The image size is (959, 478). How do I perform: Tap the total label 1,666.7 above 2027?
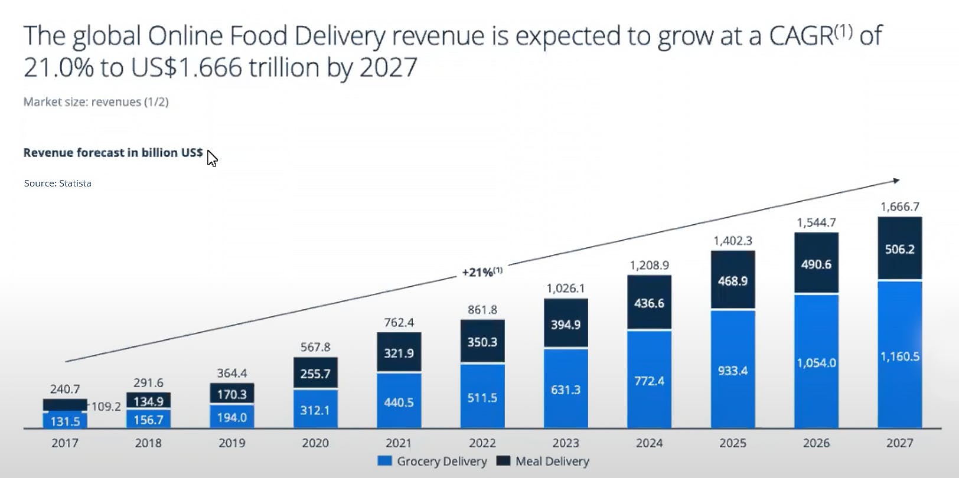(899, 207)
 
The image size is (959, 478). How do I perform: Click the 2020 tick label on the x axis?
(315, 443)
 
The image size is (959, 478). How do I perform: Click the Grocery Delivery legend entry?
(433, 461)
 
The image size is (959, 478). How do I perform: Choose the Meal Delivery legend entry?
(543, 461)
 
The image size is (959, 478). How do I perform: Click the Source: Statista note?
(57, 184)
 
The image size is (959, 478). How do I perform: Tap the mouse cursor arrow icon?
(212, 158)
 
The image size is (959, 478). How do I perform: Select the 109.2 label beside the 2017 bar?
(106, 407)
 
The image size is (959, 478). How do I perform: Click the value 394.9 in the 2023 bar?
(565, 325)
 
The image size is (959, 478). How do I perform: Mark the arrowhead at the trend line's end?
(896, 181)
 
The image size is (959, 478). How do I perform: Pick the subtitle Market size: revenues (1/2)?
(96, 102)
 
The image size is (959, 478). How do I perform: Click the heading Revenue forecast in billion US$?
(113, 153)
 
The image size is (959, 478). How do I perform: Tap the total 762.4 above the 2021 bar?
(399, 322)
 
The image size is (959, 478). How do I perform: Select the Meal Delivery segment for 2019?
(231, 394)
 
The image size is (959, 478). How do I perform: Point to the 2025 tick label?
(732, 443)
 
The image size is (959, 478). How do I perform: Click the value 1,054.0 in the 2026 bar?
(816, 362)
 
